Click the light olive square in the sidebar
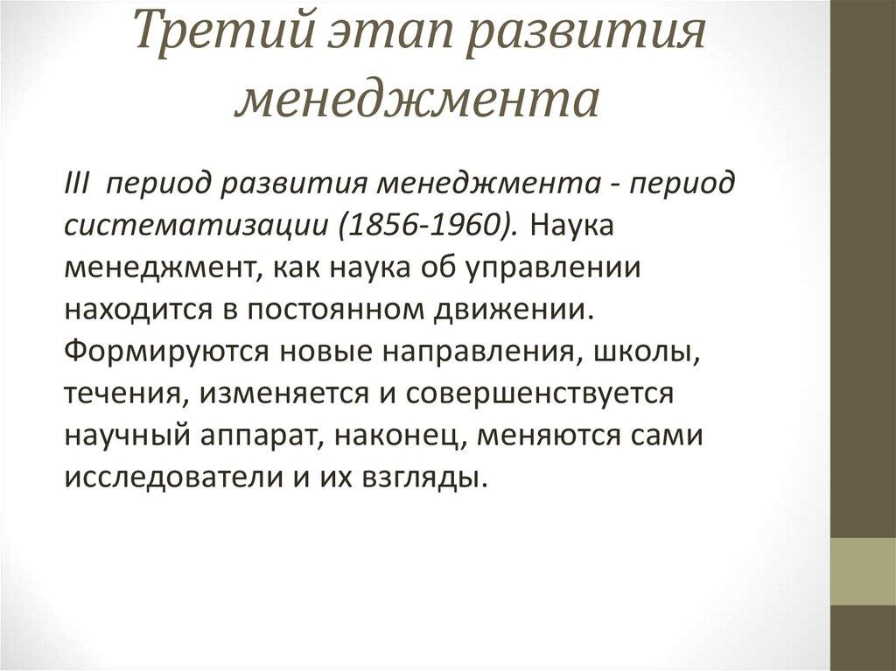[x=863, y=571]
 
